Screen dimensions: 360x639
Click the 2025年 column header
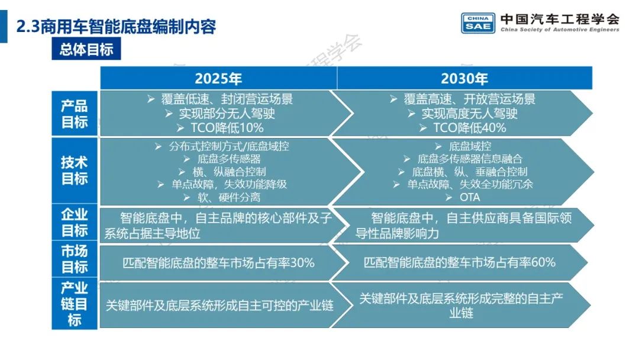[x=218, y=78]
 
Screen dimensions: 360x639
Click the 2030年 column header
[x=464, y=78]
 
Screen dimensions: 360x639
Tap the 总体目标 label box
[x=86, y=49]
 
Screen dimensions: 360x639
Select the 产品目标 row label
[x=75, y=114]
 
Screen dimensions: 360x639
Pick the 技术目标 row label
[x=75, y=171]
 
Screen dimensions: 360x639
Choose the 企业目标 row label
[x=75, y=223]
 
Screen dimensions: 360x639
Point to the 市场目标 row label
[x=75, y=259]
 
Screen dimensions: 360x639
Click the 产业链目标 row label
[x=75, y=304]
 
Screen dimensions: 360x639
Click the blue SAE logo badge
[x=478, y=22]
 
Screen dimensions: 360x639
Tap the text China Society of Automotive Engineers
[x=560, y=30]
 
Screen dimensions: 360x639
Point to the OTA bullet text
[x=470, y=197]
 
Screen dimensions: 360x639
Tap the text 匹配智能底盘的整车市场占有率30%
[x=218, y=262]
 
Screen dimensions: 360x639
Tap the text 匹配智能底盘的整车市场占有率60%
[x=460, y=262]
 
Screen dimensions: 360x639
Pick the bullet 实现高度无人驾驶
[x=470, y=113]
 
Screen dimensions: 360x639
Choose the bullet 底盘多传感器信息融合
[x=470, y=159]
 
